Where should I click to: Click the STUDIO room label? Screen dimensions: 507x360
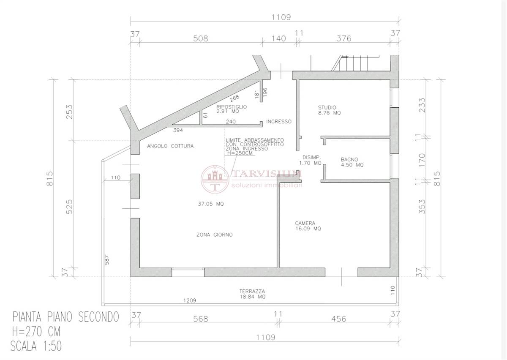coord(327,108)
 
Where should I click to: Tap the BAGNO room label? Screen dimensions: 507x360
coord(349,159)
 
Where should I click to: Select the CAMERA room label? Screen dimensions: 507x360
coord(305,223)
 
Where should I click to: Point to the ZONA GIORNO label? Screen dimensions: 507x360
coord(215,235)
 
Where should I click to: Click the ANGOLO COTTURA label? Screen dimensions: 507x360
coord(170,146)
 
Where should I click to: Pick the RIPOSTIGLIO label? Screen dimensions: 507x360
coord(232,106)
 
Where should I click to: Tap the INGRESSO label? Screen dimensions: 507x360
coord(279,122)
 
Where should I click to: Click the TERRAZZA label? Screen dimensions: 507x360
coord(252,291)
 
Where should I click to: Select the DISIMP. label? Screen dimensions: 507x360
coord(312,157)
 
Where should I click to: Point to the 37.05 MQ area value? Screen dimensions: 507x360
coord(211,204)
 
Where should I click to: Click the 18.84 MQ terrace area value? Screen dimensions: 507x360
coord(253,297)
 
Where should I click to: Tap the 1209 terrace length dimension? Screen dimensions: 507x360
coord(190,300)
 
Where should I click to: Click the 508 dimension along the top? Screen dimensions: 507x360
coord(201,38)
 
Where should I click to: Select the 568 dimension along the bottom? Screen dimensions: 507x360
coord(201,319)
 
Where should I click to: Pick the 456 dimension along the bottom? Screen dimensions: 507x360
coord(338,319)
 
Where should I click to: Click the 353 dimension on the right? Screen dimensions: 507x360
coord(422,207)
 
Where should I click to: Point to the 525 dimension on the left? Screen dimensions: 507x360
coord(69,207)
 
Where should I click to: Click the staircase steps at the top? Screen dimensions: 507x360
coord(355,63)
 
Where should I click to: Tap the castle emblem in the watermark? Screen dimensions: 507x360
coord(215,179)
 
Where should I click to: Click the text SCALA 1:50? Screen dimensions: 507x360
coord(36,346)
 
